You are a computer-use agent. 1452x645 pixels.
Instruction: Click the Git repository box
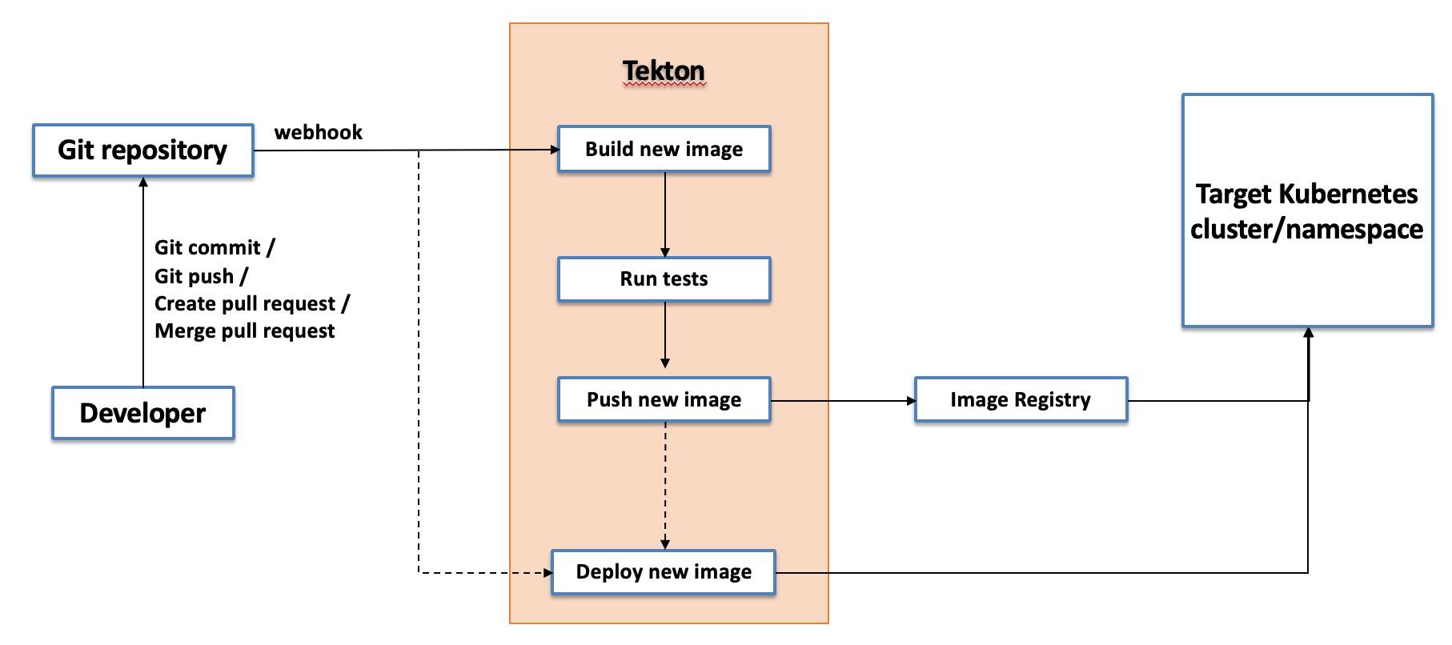(142, 150)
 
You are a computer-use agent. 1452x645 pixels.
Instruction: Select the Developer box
(142, 413)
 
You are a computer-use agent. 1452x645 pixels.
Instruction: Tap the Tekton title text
(664, 70)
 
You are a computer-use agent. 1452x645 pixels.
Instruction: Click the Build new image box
(664, 149)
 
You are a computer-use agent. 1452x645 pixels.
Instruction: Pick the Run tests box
(664, 279)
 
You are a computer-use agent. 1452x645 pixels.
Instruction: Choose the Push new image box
(664, 399)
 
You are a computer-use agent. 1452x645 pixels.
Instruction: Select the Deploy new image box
(664, 572)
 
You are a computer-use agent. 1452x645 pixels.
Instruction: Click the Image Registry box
(1021, 399)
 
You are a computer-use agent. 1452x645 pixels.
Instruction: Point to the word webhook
(318, 132)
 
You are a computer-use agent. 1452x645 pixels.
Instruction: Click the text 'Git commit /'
(214, 247)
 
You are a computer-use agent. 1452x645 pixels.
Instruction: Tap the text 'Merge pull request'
(244, 331)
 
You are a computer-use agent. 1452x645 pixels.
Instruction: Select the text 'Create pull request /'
(251, 303)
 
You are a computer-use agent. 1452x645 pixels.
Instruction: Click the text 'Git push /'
(201, 276)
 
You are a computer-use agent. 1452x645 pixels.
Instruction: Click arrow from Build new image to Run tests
(665, 214)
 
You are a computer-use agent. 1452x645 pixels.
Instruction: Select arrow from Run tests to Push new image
(665, 336)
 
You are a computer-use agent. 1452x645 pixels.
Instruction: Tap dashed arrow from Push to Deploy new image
(665, 484)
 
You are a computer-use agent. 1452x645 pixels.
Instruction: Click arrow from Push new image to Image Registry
(840, 400)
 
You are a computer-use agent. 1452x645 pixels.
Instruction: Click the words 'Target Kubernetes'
(1306, 194)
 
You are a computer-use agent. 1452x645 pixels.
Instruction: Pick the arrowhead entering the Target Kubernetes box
(1308, 333)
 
